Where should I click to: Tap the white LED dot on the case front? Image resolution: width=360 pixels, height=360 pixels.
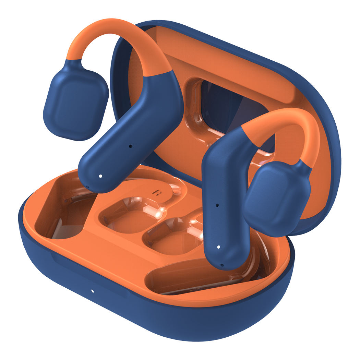coord(92,291)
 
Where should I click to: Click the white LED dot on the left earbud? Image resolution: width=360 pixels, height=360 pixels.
coord(100,176)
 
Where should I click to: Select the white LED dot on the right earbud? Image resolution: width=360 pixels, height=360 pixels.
coord(218,247)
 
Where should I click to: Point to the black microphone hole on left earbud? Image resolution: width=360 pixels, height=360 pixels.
coord(130,146)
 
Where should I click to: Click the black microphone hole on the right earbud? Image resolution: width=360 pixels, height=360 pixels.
coord(217,205)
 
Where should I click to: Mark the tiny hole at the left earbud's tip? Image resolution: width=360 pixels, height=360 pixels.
coord(87,187)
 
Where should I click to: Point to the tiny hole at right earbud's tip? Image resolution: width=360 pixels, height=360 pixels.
coord(222,264)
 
